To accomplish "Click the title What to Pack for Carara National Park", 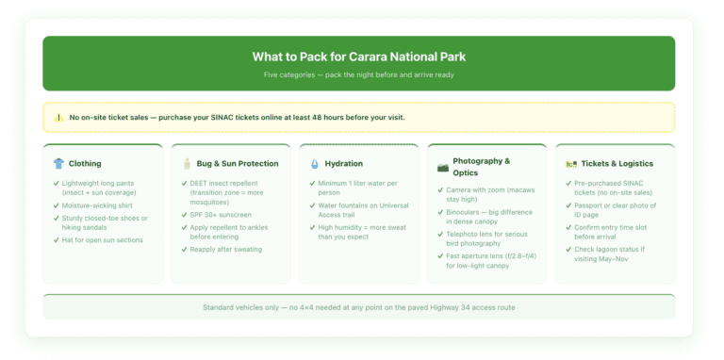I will [358, 57].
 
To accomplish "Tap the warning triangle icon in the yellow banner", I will [59, 118].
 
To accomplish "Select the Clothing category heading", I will [85, 163].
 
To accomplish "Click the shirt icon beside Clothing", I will [59, 163].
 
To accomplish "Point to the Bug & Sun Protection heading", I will [238, 163].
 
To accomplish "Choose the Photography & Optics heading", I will [481, 167].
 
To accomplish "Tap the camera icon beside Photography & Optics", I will [443, 167].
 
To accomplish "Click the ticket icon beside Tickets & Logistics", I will [571, 163].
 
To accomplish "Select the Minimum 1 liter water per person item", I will [357, 187].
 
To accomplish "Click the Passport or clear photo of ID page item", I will [615, 210].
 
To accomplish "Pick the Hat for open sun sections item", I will [102, 240].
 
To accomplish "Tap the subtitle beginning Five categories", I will [358, 75].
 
